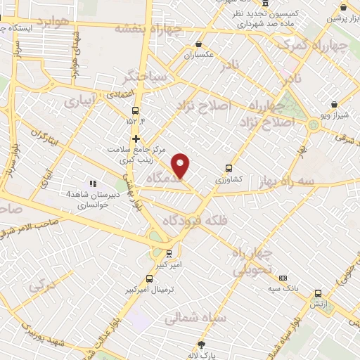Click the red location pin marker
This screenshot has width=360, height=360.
point(181,165)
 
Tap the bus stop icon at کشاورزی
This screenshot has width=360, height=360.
point(228,168)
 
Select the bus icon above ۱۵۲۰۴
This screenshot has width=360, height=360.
point(136,110)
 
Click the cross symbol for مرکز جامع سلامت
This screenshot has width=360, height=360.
point(136,139)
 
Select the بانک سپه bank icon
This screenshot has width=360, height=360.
point(283,278)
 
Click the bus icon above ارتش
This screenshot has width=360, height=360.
point(318,293)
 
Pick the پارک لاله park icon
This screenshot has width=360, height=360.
point(202,345)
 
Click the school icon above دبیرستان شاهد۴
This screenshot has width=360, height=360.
point(92,184)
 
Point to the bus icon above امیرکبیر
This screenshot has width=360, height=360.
point(168,253)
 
